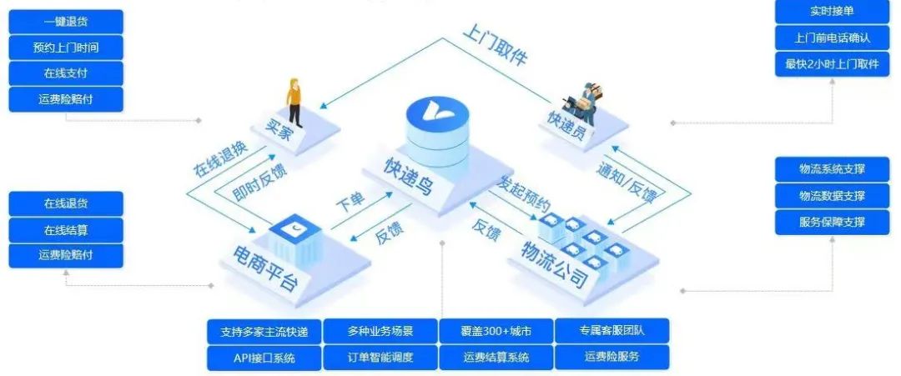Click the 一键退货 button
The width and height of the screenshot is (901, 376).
pos(66,22)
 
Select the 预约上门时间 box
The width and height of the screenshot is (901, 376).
pos(66,48)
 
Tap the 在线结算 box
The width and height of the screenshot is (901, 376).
pos(66,229)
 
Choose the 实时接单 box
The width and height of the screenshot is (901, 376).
pos(832,12)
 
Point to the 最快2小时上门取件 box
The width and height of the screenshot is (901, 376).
pos(832,64)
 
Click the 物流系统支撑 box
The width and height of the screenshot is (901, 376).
pos(832,169)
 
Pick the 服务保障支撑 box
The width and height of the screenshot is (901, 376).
pos(832,222)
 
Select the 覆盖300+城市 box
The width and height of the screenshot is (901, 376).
pos(496,331)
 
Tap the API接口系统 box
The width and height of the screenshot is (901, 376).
pos(264,358)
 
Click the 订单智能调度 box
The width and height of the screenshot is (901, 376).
pos(380,358)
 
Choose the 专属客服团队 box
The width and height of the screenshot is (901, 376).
pos(612,331)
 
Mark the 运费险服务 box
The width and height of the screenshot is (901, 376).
pos(612,358)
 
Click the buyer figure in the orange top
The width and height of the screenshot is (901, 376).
pos(294,103)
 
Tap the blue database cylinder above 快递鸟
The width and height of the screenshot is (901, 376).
pos(437,133)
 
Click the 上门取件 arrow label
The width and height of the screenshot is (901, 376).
pos(496,50)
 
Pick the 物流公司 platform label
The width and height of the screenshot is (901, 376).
pos(556,264)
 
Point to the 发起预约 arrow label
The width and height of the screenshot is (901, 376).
pos(525,193)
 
